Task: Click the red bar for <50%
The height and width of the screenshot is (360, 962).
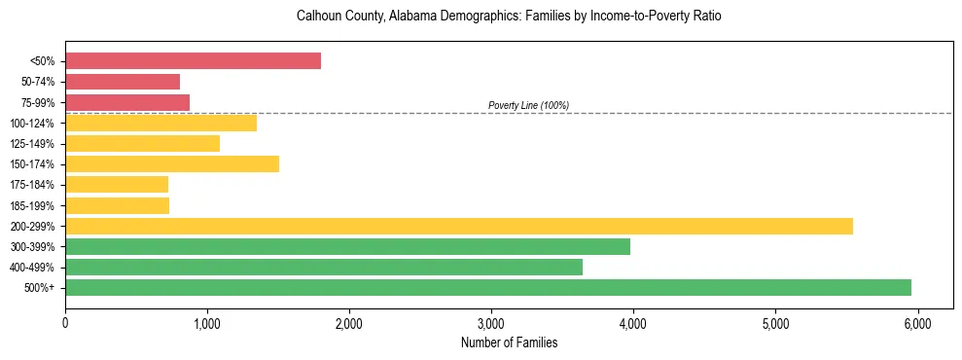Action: [x=193, y=61]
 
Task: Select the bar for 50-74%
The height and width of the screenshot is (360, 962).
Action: [x=123, y=82]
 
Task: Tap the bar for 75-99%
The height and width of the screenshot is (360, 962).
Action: [x=127, y=102]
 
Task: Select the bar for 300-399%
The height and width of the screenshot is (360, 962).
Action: [x=347, y=246]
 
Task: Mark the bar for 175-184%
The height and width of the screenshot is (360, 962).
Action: [x=117, y=184]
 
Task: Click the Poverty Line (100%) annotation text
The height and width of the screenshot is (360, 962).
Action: [x=528, y=105]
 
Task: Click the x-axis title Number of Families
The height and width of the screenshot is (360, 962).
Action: [x=509, y=342]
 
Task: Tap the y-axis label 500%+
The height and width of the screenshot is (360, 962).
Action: [x=39, y=288]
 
